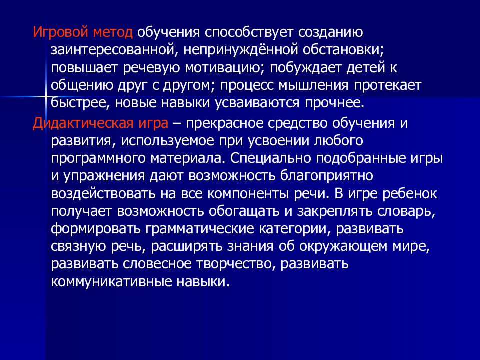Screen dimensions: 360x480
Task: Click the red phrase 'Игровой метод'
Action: click(x=83, y=33)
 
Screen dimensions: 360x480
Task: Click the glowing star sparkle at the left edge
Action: click(x=44, y=96)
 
